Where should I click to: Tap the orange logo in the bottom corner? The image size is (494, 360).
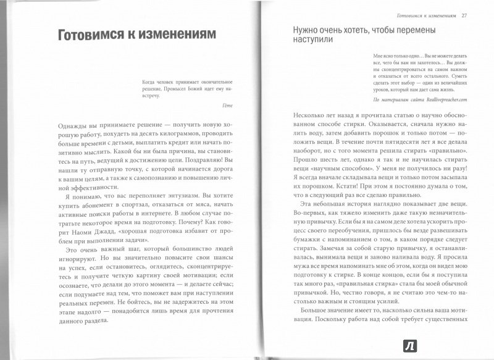pos(477,344)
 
